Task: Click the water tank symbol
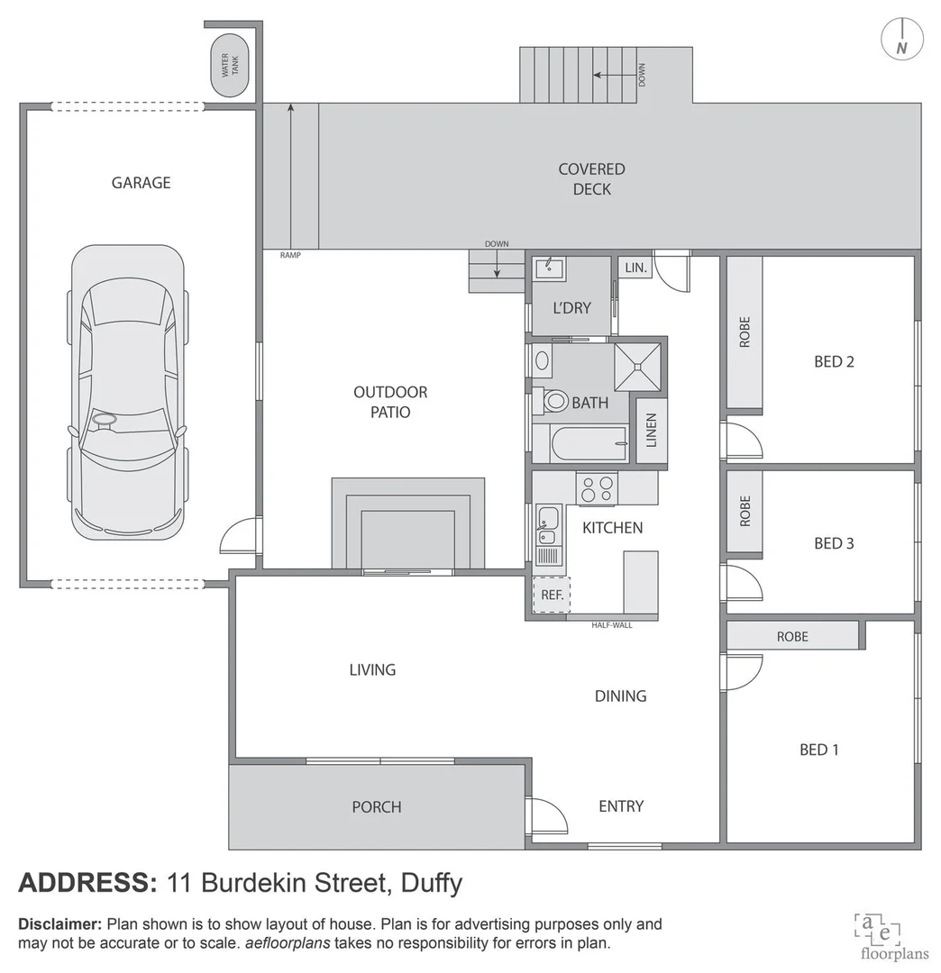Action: [x=230, y=66]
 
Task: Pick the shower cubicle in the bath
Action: [x=638, y=366]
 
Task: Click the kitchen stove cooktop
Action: [x=597, y=488]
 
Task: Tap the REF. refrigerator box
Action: [x=551, y=595]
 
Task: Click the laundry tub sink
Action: [x=549, y=268]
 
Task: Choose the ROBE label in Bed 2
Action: [x=745, y=332]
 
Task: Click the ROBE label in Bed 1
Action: [x=792, y=636]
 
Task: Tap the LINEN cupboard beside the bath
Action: [x=652, y=430]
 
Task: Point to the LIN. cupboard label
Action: [x=635, y=268]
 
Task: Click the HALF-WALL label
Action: [x=611, y=624]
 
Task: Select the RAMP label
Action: [x=289, y=255]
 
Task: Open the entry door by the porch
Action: [x=548, y=816]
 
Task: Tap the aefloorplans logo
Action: [x=877, y=934]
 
